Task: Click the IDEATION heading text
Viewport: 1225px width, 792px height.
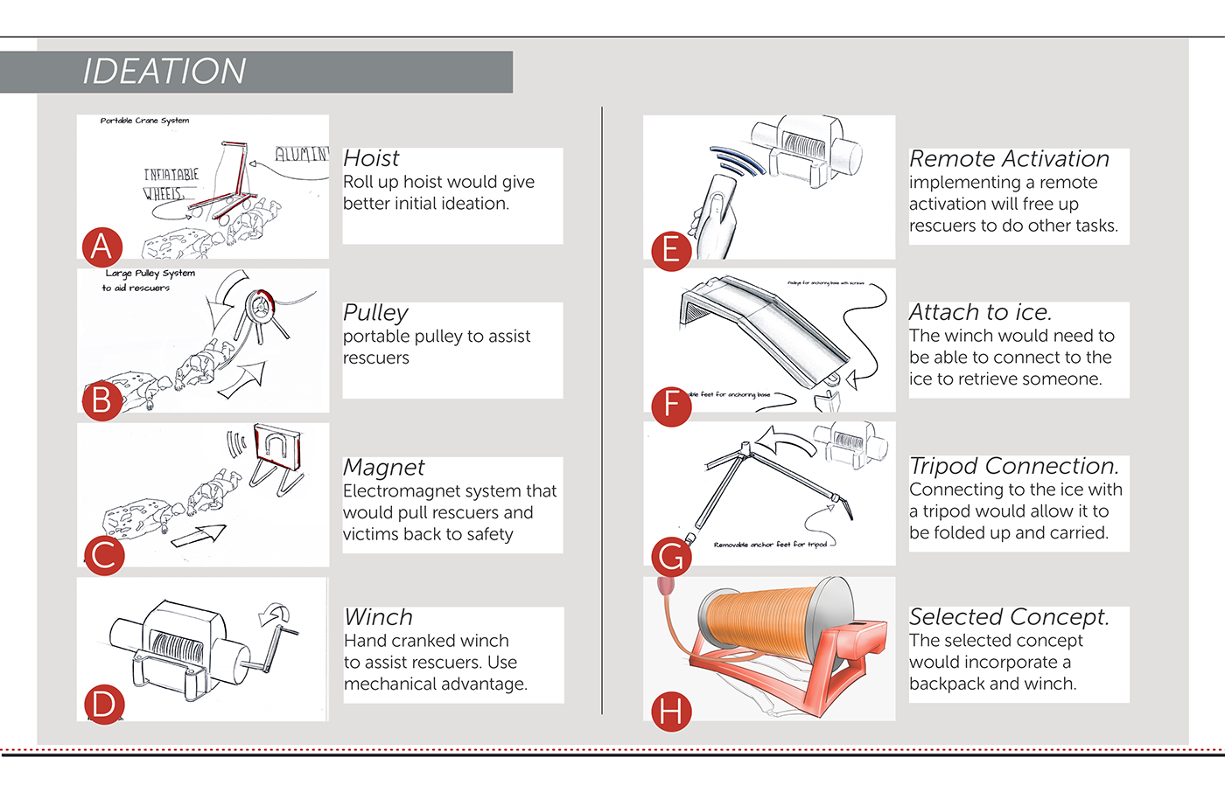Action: click(x=164, y=72)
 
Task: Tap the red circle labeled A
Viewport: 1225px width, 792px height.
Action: click(x=101, y=247)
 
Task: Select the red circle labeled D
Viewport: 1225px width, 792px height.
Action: click(x=103, y=705)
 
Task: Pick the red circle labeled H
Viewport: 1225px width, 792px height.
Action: click(x=671, y=712)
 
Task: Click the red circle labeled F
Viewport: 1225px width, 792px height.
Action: click(x=671, y=405)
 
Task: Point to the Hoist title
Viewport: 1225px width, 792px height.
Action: click(x=371, y=158)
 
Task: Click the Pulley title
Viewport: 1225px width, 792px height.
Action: click(x=375, y=313)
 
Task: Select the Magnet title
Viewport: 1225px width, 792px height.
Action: click(x=383, y=468)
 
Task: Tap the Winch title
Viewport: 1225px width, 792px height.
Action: click(x=378, y=617)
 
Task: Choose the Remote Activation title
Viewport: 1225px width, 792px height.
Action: click(x=1009, y=159)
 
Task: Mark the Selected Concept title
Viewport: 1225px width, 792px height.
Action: click(x=1009, y=617)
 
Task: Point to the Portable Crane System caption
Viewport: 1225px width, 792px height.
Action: click(x=144, y=121)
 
